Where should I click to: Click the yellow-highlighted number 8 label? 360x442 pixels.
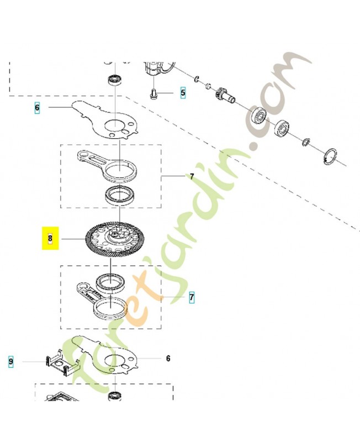click(50, 239)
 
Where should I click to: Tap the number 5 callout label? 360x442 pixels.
click(183, 92)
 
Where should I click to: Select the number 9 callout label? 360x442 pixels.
click(10, 362)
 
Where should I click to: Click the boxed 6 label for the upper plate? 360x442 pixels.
click(37, 108)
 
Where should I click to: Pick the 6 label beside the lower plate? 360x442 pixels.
click(168, 359)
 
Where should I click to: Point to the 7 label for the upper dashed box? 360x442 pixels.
click(192, 177)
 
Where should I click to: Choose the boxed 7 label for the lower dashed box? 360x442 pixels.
click(192, 297)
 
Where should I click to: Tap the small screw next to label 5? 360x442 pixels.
click(154, 94)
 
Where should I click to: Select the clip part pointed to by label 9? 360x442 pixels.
click(61, 365)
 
